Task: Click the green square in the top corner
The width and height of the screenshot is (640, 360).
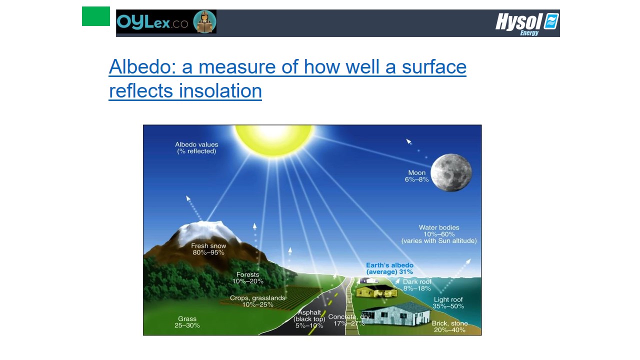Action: [x=95, y=16]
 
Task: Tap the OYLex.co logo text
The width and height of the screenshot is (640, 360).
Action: [x=152, y=22]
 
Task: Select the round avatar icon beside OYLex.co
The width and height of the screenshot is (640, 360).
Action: [x=204, y=21]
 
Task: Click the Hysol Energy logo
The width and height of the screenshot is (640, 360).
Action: [x=527, y=23]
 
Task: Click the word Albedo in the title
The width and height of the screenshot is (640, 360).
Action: [x=142, y=67]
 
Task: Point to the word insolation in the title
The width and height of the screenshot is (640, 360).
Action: [x=220, y=91]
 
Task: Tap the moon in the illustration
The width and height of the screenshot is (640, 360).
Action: [x=451, y=172]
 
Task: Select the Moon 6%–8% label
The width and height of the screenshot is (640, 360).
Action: [x=417, y=176]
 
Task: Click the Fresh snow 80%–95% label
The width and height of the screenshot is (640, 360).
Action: [x=208, y=249]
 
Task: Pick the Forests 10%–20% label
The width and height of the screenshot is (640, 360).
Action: [x=247, y=277]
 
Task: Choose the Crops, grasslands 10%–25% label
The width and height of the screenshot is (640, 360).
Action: [x=257, y=301]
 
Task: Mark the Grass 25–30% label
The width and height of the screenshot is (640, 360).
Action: [x=187, y=322]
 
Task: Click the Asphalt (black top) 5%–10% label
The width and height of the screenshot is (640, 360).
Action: [x=309, y=319]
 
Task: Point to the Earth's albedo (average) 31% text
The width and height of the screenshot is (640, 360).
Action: [x=389, y=268]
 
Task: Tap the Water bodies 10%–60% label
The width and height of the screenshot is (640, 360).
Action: [x=439, y=234]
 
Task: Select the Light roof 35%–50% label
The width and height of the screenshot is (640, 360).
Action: [x=448, y=303]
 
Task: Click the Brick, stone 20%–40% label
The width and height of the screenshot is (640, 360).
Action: [x=449, y=326]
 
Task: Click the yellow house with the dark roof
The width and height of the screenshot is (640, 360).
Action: [x=376, y=291]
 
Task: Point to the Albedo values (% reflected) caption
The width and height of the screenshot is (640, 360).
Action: [x=196, y=147]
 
